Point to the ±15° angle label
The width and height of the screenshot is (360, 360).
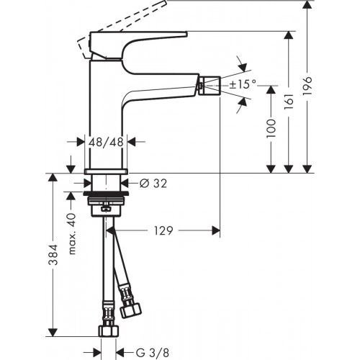[x=243, y=84]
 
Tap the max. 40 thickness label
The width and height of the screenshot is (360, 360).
[x=72, y=233]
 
